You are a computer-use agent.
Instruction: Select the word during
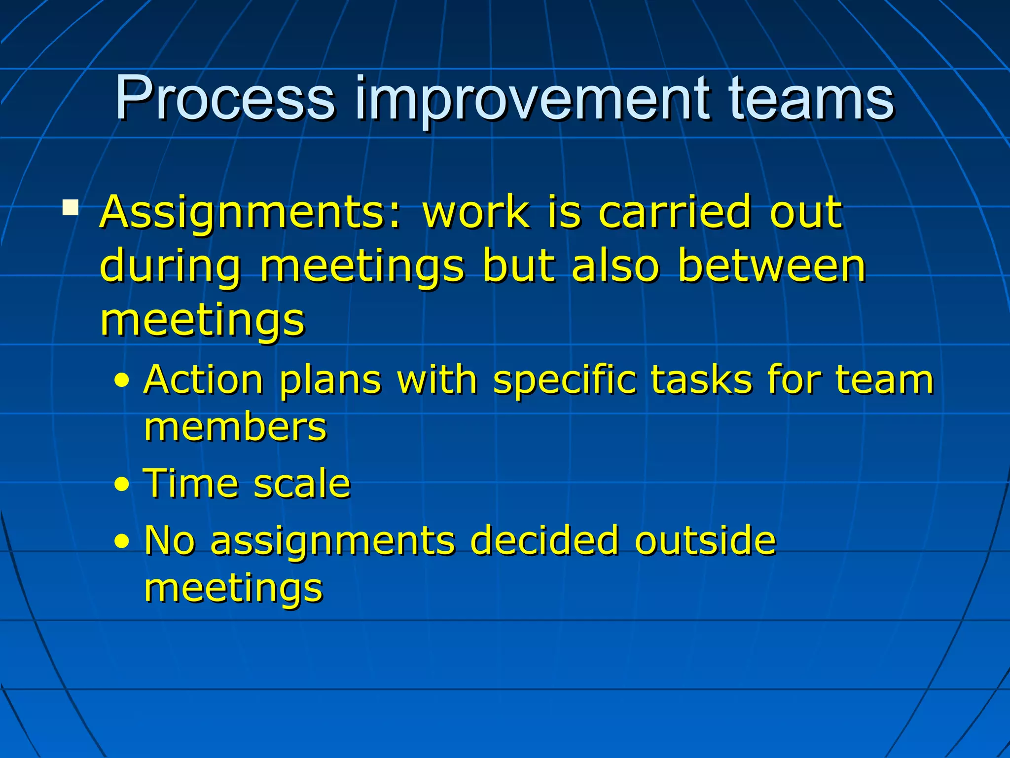(171, 266)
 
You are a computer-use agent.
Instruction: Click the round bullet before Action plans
(121, 381)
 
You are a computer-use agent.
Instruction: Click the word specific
(565, 381)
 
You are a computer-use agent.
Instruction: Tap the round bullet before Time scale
(121, 485)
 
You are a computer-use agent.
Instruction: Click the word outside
(705, 540)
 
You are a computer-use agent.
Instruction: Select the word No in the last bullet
(170, 540)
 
